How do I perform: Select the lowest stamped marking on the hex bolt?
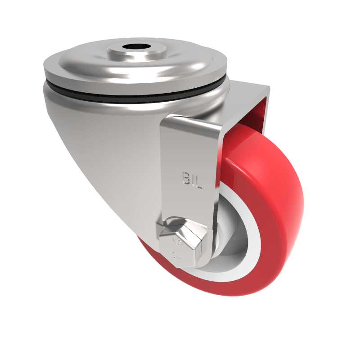(176, 257)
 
